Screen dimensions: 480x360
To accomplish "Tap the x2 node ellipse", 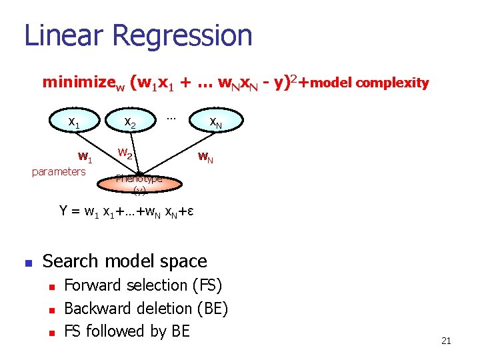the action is point(131,123).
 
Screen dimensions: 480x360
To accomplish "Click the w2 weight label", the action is point(126,153).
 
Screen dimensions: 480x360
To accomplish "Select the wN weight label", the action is point(205,158).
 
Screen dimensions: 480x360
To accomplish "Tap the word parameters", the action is point(59,171).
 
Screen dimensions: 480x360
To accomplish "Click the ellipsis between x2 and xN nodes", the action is point(171,118).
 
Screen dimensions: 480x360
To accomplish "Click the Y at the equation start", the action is point(64,211).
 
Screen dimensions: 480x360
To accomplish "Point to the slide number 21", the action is point(446,341).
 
